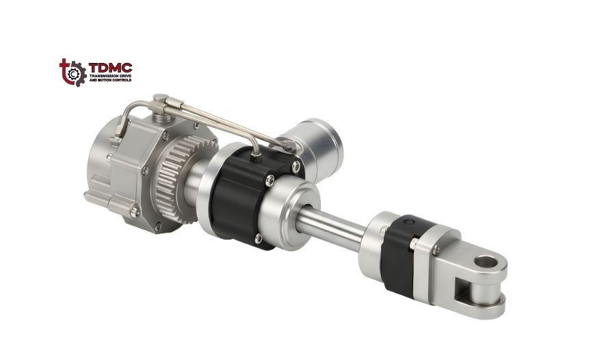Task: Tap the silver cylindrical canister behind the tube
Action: point(317,138)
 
